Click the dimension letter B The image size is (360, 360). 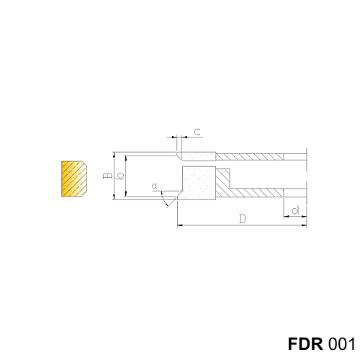click(108, 175)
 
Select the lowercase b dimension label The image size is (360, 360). click(120, 176)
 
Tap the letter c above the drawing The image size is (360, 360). click(197, 132)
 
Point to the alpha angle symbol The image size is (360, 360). click(155, 186)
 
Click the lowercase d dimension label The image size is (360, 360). click(295, 210)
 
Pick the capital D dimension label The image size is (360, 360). click(243, 219)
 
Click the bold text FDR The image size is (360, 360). click(305, 344)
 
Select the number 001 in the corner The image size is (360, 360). click(341, 344)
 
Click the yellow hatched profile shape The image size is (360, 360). click(74, 179)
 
